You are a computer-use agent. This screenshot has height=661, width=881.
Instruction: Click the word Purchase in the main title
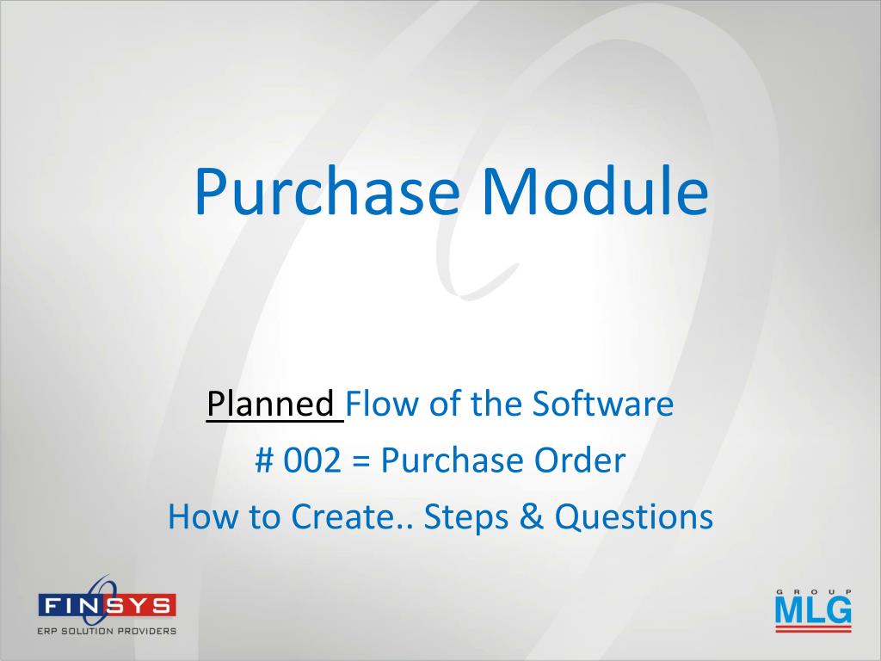327,191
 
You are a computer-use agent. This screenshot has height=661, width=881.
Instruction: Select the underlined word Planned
271,405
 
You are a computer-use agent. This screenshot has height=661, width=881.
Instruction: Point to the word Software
603,404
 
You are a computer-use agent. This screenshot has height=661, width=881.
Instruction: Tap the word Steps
465,517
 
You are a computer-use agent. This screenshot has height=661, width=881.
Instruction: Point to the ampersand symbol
532,516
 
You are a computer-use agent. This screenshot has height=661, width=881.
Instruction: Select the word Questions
634,517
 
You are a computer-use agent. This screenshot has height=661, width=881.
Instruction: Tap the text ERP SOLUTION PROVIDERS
107,631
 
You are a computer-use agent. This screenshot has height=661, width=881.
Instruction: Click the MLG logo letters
813,610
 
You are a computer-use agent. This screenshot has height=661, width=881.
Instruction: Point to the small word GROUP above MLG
814,591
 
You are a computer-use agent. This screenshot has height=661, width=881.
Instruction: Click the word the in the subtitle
496,404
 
